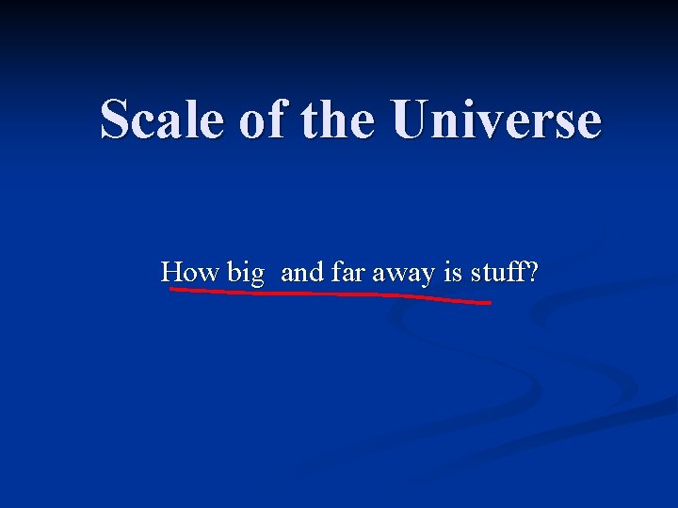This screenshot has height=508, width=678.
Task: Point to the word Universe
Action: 497,120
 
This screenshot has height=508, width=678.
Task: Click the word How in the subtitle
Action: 189,273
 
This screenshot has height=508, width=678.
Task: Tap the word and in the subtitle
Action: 301,273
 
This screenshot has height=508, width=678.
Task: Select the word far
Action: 347,273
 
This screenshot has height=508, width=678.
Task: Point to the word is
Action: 453,273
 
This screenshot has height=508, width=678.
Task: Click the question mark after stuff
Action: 533,273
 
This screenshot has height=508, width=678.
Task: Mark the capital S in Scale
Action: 116,120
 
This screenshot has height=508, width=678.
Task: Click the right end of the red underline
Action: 489,303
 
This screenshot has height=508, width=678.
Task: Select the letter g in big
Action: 256,277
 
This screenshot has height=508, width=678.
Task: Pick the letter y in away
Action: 428,277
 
